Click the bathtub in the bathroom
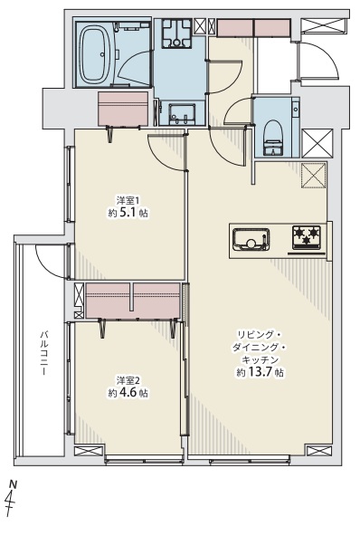95,54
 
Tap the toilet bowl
273,137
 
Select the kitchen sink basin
251,239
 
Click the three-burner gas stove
307,237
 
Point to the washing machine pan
176,33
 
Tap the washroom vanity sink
182,114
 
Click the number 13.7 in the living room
260,372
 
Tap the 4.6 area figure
128,393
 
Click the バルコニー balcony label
43,353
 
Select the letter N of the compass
14,483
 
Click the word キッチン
260,359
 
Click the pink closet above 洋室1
123,108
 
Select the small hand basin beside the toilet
296,109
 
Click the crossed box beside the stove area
314,176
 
